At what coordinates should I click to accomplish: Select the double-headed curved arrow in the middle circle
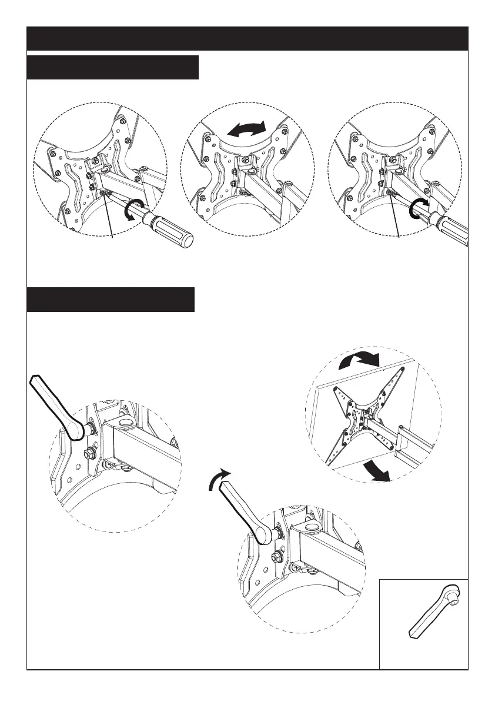click(247, 130)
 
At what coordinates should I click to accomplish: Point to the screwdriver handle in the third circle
click(453, 227)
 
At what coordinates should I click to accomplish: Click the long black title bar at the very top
click(247, 38)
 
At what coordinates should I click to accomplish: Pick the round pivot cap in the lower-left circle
click(124, 423)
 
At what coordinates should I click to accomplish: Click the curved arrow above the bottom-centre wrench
click(218, 480)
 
